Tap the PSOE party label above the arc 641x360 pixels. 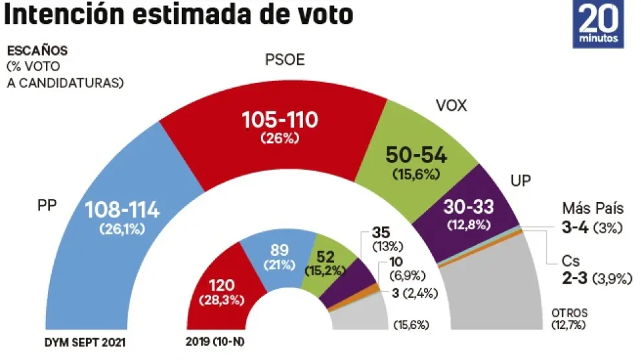tap(285, 61)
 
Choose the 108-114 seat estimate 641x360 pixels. tap(122, 210)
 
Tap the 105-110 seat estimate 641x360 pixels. tap(280, 120)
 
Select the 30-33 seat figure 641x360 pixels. tap(468, 207)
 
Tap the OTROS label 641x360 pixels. tap(565, 311)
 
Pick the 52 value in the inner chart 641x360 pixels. tap(326, 258)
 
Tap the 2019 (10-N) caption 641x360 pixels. tap(210, 341)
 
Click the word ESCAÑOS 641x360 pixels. tap(36, 51)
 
